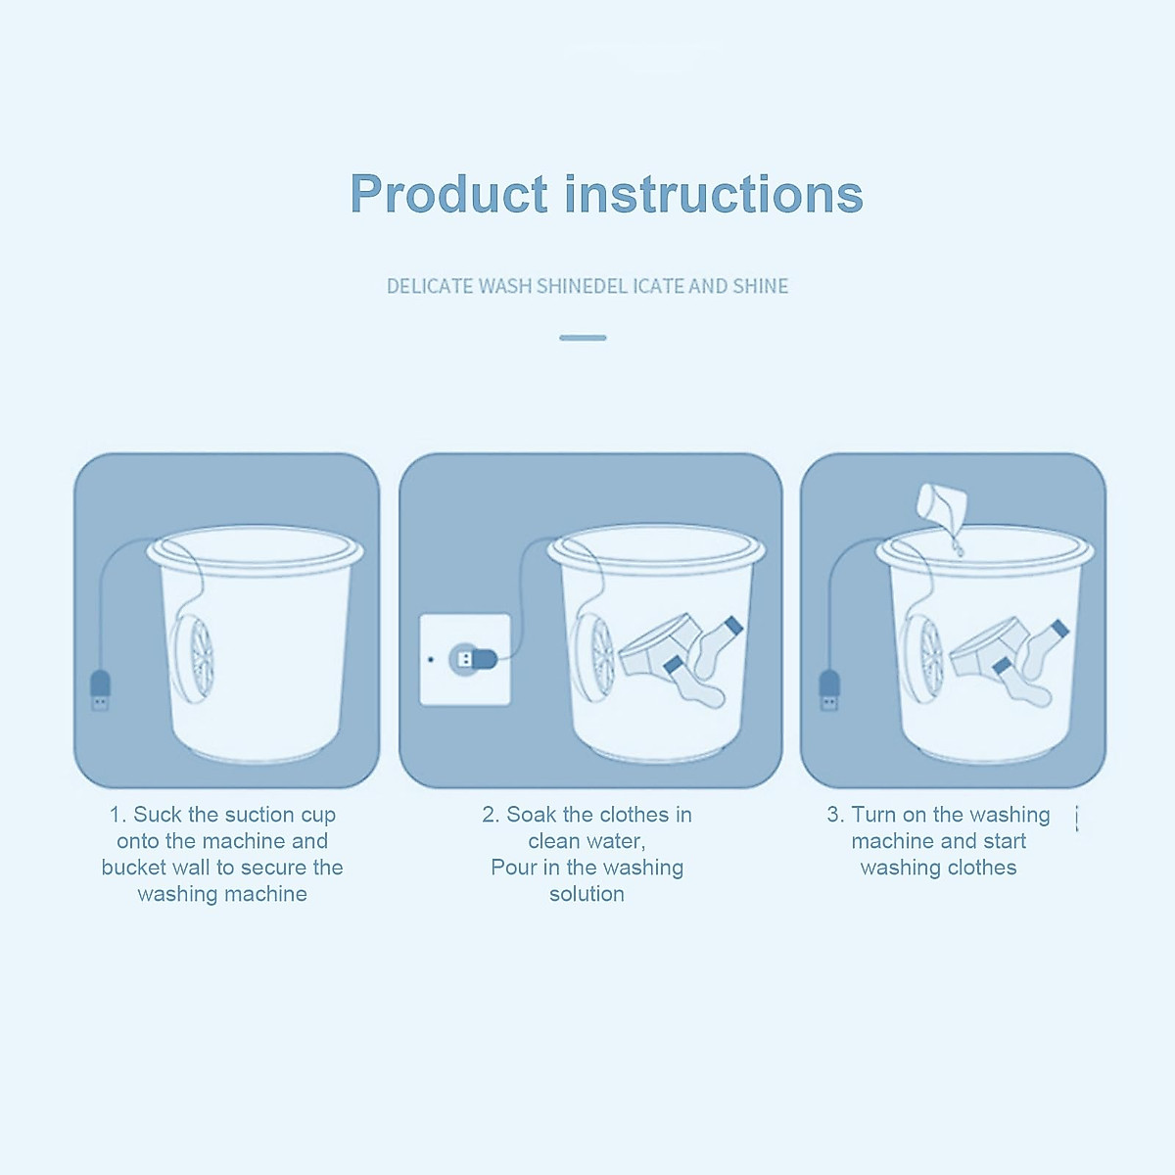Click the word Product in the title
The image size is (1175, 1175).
tap(448, 194)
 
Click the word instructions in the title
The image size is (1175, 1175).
tap(714, 194)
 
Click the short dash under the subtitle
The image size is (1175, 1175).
tap(583, 338)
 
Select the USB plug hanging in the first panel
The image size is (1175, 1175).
tap(100, 689)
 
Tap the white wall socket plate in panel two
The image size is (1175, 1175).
tap(464, 659)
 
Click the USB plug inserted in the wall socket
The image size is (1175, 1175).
tap(474, 659)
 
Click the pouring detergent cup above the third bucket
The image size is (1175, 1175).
tap(941, 506)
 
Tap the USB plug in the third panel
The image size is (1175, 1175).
tap(829, 689)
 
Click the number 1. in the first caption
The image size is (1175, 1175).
tap(117, 815)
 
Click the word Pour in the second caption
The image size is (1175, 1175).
tap(513, 868)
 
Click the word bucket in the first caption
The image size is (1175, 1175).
tap(133, 868)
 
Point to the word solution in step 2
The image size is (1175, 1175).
tap(587, 894)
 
